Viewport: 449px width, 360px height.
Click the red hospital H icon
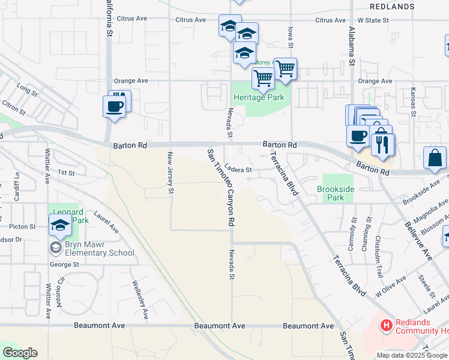387,326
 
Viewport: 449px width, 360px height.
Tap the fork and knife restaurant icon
382,144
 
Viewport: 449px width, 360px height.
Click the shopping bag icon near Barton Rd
435,158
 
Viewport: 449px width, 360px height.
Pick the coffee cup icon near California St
114,107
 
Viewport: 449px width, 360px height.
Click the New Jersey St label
170,173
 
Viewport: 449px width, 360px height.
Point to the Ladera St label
243,170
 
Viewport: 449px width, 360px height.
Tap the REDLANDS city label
392,7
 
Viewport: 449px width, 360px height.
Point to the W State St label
373,20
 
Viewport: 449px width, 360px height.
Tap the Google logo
20,353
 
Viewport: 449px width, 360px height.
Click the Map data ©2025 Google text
411,355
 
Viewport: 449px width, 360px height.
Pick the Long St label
28,90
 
